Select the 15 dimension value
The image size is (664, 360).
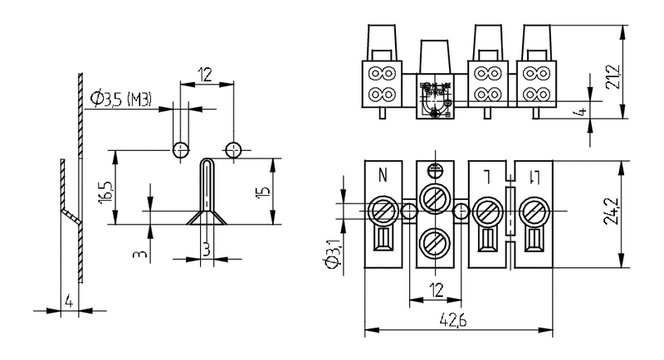(x=263, y=192)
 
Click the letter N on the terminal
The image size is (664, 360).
(x=383, y=175)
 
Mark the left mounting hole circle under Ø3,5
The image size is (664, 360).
(x=180, y=150)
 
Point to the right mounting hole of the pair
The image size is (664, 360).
(x=234, y=150)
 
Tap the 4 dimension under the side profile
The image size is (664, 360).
(x=69, y=302)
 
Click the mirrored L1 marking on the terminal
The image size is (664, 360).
(x=537, y=176)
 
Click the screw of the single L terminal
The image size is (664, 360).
(x=486, y=212)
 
